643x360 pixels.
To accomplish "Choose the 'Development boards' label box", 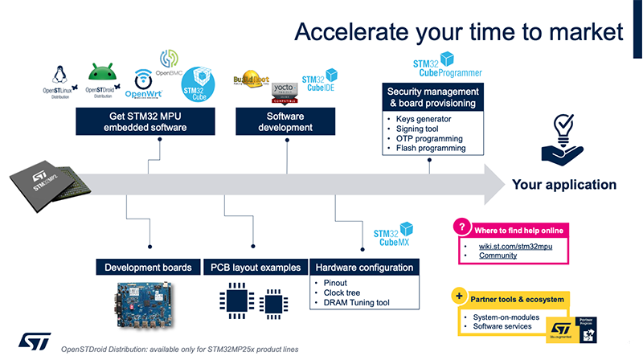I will (144, 267).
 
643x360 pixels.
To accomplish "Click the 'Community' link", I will (498, 256).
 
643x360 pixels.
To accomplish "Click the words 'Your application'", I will (564, 185).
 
